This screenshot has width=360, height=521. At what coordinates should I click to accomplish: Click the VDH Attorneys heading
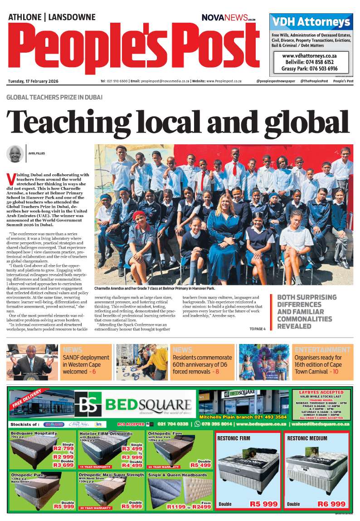coord(311,22)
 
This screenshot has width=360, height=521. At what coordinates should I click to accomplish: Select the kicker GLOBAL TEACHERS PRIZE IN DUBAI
coord(54,97)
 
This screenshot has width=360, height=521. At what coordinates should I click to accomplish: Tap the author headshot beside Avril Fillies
coord(15,153)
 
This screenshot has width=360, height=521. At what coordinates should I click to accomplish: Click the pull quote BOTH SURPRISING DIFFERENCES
coord(306,311)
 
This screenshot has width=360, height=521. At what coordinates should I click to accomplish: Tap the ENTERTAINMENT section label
coord(322,350)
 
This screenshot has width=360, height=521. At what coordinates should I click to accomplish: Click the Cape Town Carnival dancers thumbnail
coord(264,361)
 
